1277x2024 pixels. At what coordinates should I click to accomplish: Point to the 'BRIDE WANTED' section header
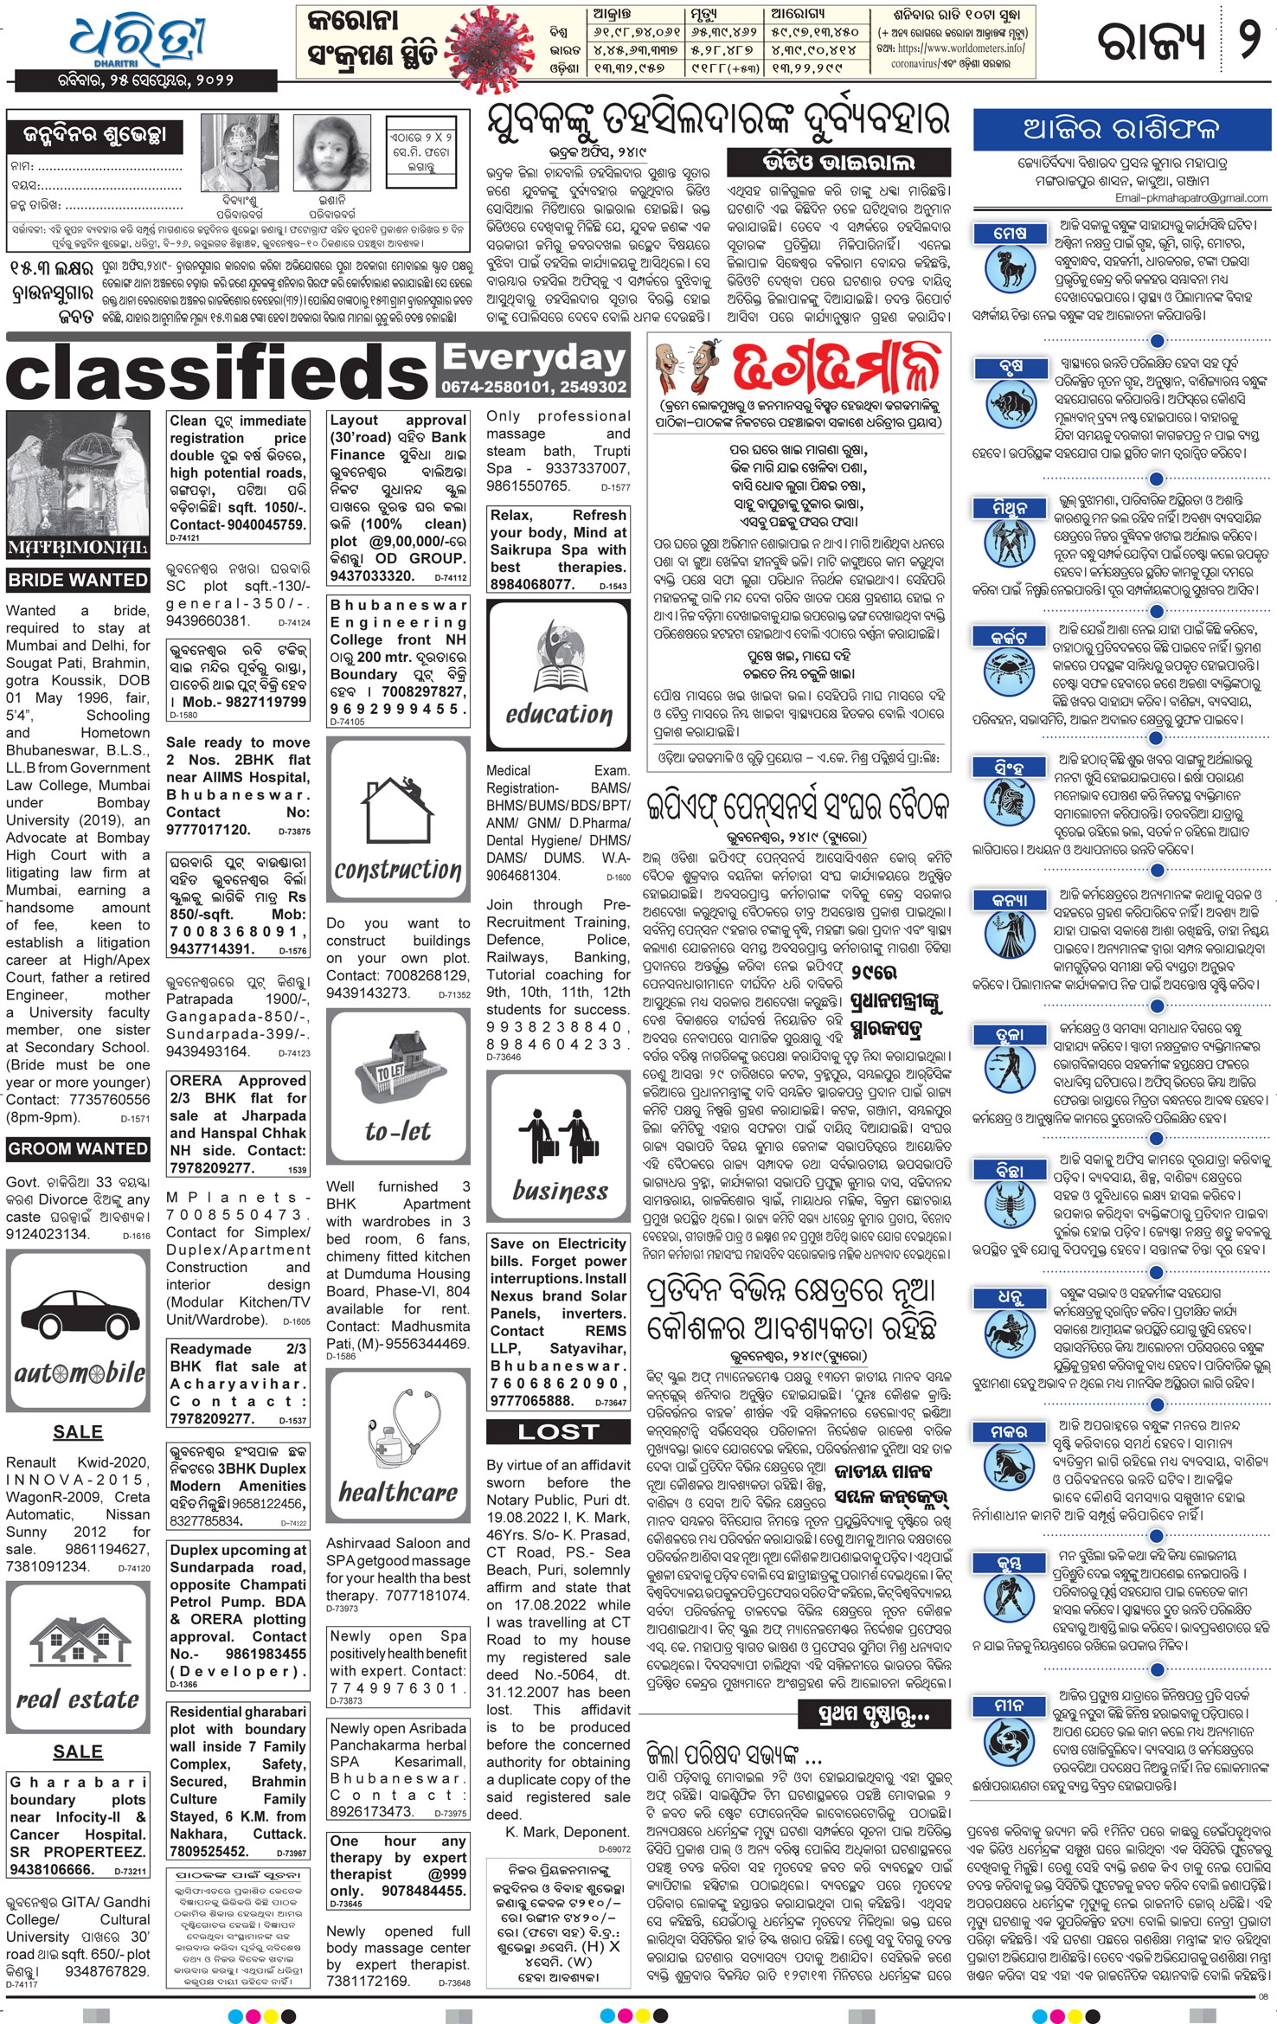tap(78, 580)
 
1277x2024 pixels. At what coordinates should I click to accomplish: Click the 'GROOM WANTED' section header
tap(78, 1149)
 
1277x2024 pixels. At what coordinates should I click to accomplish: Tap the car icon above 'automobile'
tap(77, 1314)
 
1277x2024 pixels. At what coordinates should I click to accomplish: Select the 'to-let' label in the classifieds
tap(398, 1132)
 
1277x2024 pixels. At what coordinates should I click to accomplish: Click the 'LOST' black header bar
tap(558, 1432)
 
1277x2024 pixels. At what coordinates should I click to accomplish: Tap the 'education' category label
tap(559, 715)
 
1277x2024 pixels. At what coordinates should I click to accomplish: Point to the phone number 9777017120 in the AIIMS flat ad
tap(209, 830)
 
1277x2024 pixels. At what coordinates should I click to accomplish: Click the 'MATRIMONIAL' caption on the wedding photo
tap(78, 548)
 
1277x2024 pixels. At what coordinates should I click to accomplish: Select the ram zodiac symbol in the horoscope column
tap(1010, 268)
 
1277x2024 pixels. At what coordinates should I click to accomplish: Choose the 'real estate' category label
tap(78, 1700)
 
